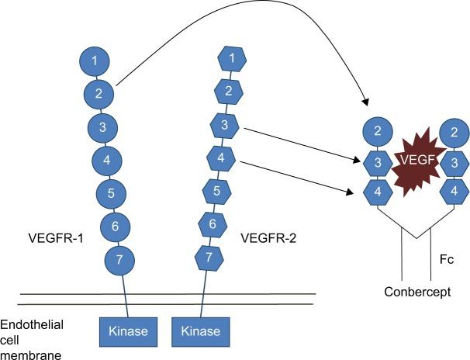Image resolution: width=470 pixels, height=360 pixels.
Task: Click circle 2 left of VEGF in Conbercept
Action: [378, 131]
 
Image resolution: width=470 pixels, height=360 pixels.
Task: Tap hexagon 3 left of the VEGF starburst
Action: [378, 161]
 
